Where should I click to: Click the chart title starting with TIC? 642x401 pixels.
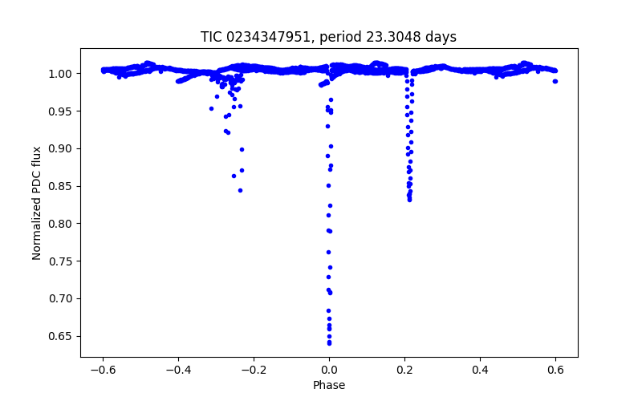click(328, 37)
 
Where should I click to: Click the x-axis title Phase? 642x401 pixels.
click(329, 386)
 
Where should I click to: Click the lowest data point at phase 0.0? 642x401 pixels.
click(329, 343)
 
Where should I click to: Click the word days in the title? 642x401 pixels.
click(441, 37)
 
